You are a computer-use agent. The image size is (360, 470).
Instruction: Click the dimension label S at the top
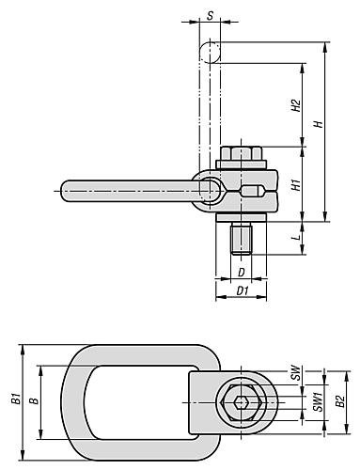211,15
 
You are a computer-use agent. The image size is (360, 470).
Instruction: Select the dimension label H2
295,105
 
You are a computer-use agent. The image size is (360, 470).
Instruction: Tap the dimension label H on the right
319,124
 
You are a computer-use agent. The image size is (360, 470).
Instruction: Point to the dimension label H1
295,185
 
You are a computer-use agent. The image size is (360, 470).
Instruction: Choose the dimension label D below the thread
241,273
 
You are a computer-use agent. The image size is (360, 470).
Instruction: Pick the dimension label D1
243,291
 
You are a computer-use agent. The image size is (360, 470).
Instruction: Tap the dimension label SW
295,372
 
